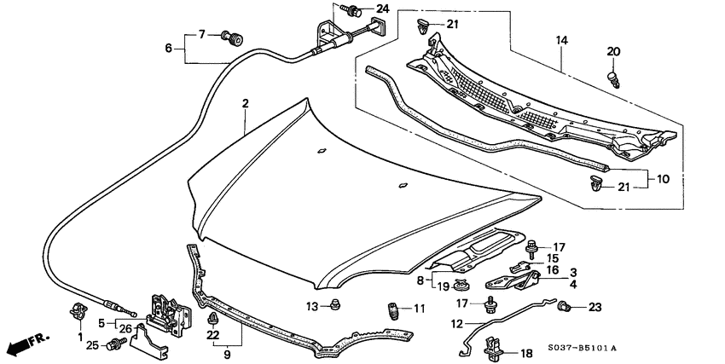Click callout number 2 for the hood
(x=245, y=104)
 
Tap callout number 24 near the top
(x=382, y=9)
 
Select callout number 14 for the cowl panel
(x=560, y=40)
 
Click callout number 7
(x=201, y=34)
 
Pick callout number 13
(x=312, y=306)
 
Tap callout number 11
(x=418, y=308)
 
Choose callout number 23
(x=595, y=307)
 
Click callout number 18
(x=525, y=352)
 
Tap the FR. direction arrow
(x=26, y=346)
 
